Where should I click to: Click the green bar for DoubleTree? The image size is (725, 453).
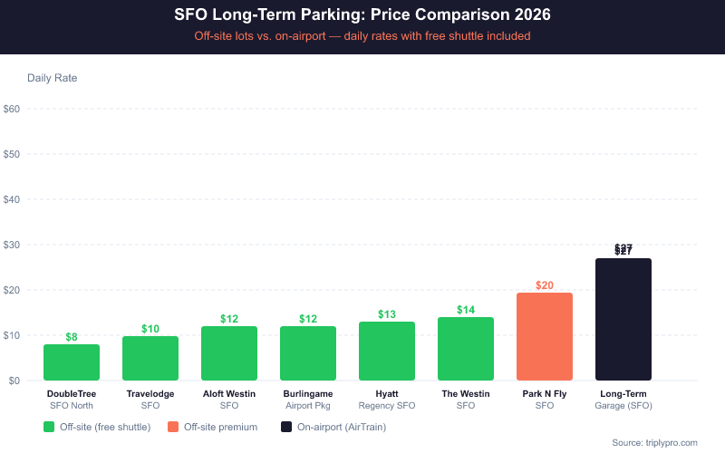click(72, 362)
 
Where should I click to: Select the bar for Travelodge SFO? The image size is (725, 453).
click(150, 358)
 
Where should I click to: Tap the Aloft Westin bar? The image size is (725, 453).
click(229, 353)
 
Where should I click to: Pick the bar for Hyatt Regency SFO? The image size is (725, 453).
click(387, 352)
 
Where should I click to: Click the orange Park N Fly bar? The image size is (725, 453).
click(545, 337)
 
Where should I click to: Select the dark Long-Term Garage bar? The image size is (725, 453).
click(623, 320)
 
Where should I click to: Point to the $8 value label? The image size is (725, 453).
click(72, 337)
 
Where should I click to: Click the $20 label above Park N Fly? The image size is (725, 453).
click(545, 285)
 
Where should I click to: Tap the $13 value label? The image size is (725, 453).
click(387, 314)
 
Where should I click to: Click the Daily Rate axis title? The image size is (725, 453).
click(53, 78)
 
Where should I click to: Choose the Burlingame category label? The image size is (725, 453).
click(308, 400)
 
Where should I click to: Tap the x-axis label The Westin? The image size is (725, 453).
click(466, 400)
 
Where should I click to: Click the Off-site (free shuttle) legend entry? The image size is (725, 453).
click(97, 426)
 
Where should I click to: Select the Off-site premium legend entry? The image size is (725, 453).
click(213, 426)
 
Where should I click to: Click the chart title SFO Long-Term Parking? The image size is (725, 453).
click(362, 15)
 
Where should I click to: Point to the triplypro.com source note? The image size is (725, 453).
click(655, 442)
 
